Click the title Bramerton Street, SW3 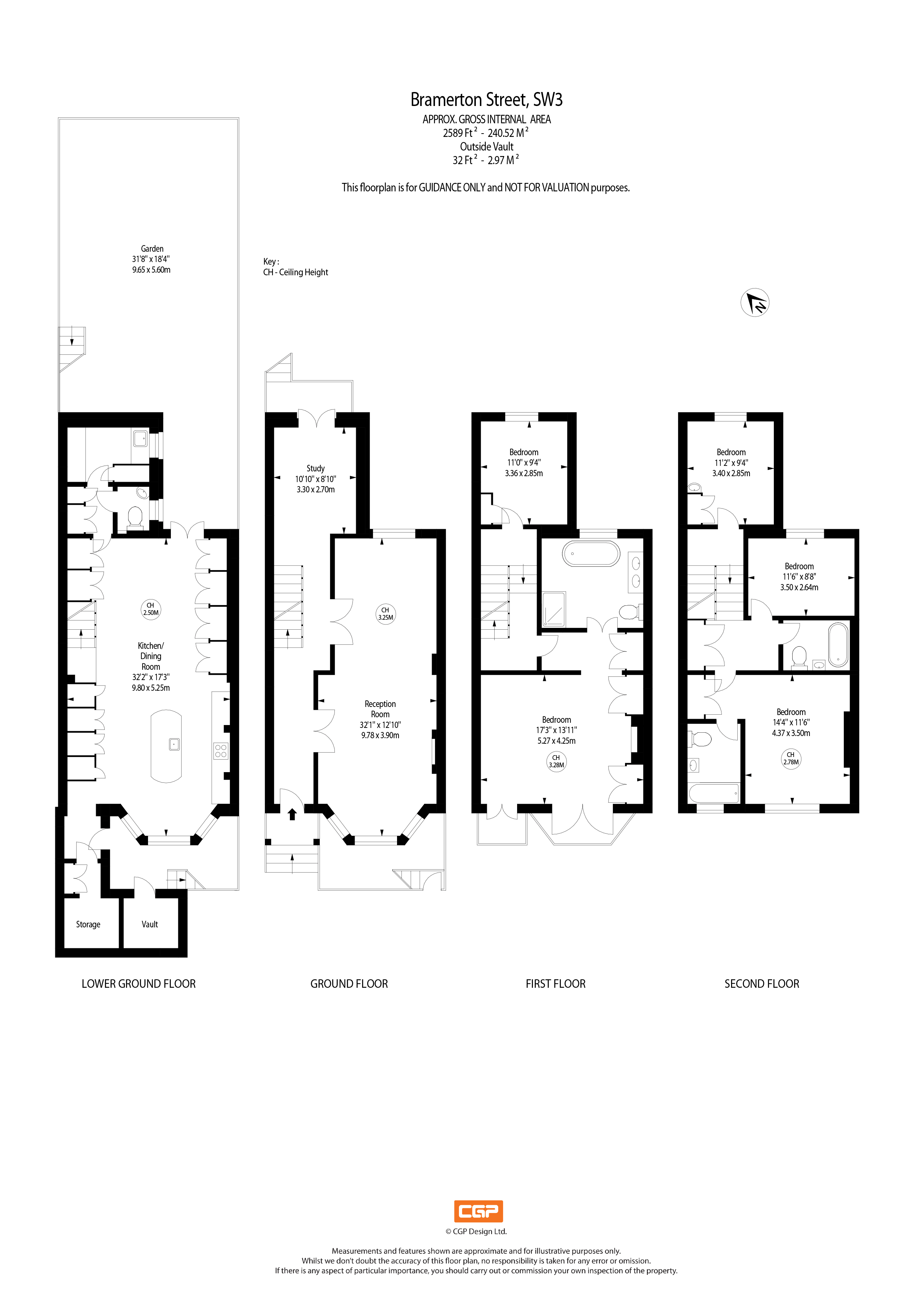point(486,99)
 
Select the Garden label point(152,248)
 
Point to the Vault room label point(150,924)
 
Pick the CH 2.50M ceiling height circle point(151,609)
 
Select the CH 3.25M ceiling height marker point(385,613)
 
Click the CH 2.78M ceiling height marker point(791,758)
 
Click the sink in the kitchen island point(174,744)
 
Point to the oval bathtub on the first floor point(590,553)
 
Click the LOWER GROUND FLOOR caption point(138,983)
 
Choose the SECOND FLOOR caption point(762,983)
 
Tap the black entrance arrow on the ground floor point(292,814)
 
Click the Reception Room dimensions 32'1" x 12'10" point(380,725)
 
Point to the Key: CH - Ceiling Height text point(295,267)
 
